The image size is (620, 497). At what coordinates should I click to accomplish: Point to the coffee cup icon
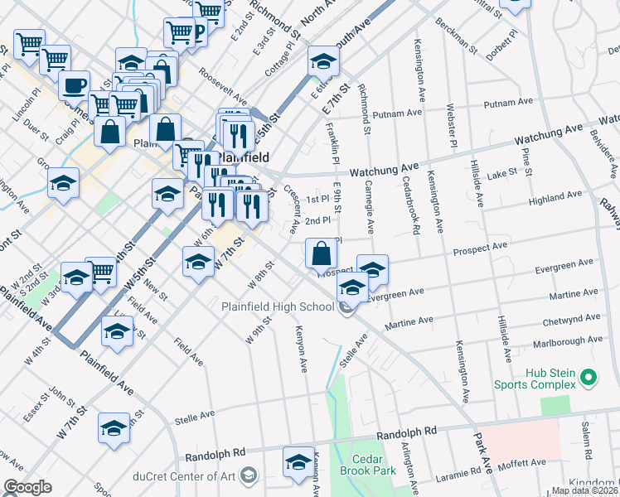(x=75, y=85)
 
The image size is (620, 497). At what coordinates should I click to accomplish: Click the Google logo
(x=27, y=487)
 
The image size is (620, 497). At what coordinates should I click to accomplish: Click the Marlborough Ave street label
(x=572, y=340)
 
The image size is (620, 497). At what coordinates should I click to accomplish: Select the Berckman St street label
(x=456, y=34)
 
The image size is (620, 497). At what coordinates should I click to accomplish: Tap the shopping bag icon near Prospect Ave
(x=321, y=253)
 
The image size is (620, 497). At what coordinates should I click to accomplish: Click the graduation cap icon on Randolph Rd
(x=298, y=462)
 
